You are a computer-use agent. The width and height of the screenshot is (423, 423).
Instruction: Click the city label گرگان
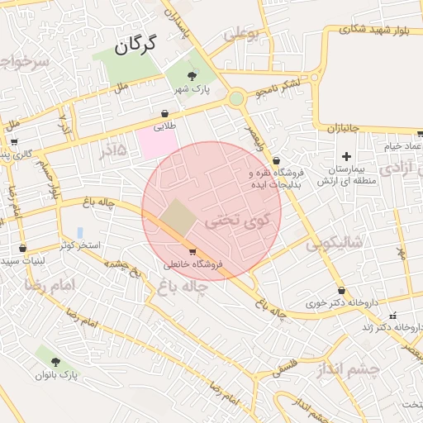point(136,46)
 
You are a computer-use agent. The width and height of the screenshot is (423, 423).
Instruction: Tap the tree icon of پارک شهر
point(192,75)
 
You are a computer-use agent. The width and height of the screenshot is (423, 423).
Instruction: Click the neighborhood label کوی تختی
point(237,220)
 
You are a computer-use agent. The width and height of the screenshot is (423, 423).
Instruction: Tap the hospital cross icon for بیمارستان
point(346,156)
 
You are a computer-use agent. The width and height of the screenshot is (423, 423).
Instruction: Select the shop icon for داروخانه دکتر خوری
point(342,290)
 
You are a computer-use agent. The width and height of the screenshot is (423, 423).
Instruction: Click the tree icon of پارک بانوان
point(55,362)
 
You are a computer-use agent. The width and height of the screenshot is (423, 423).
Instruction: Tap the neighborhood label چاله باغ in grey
point(180,286)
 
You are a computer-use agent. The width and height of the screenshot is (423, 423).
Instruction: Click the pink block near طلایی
point(157,141)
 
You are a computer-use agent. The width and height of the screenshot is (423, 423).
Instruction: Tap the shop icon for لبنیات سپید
point(22,248)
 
